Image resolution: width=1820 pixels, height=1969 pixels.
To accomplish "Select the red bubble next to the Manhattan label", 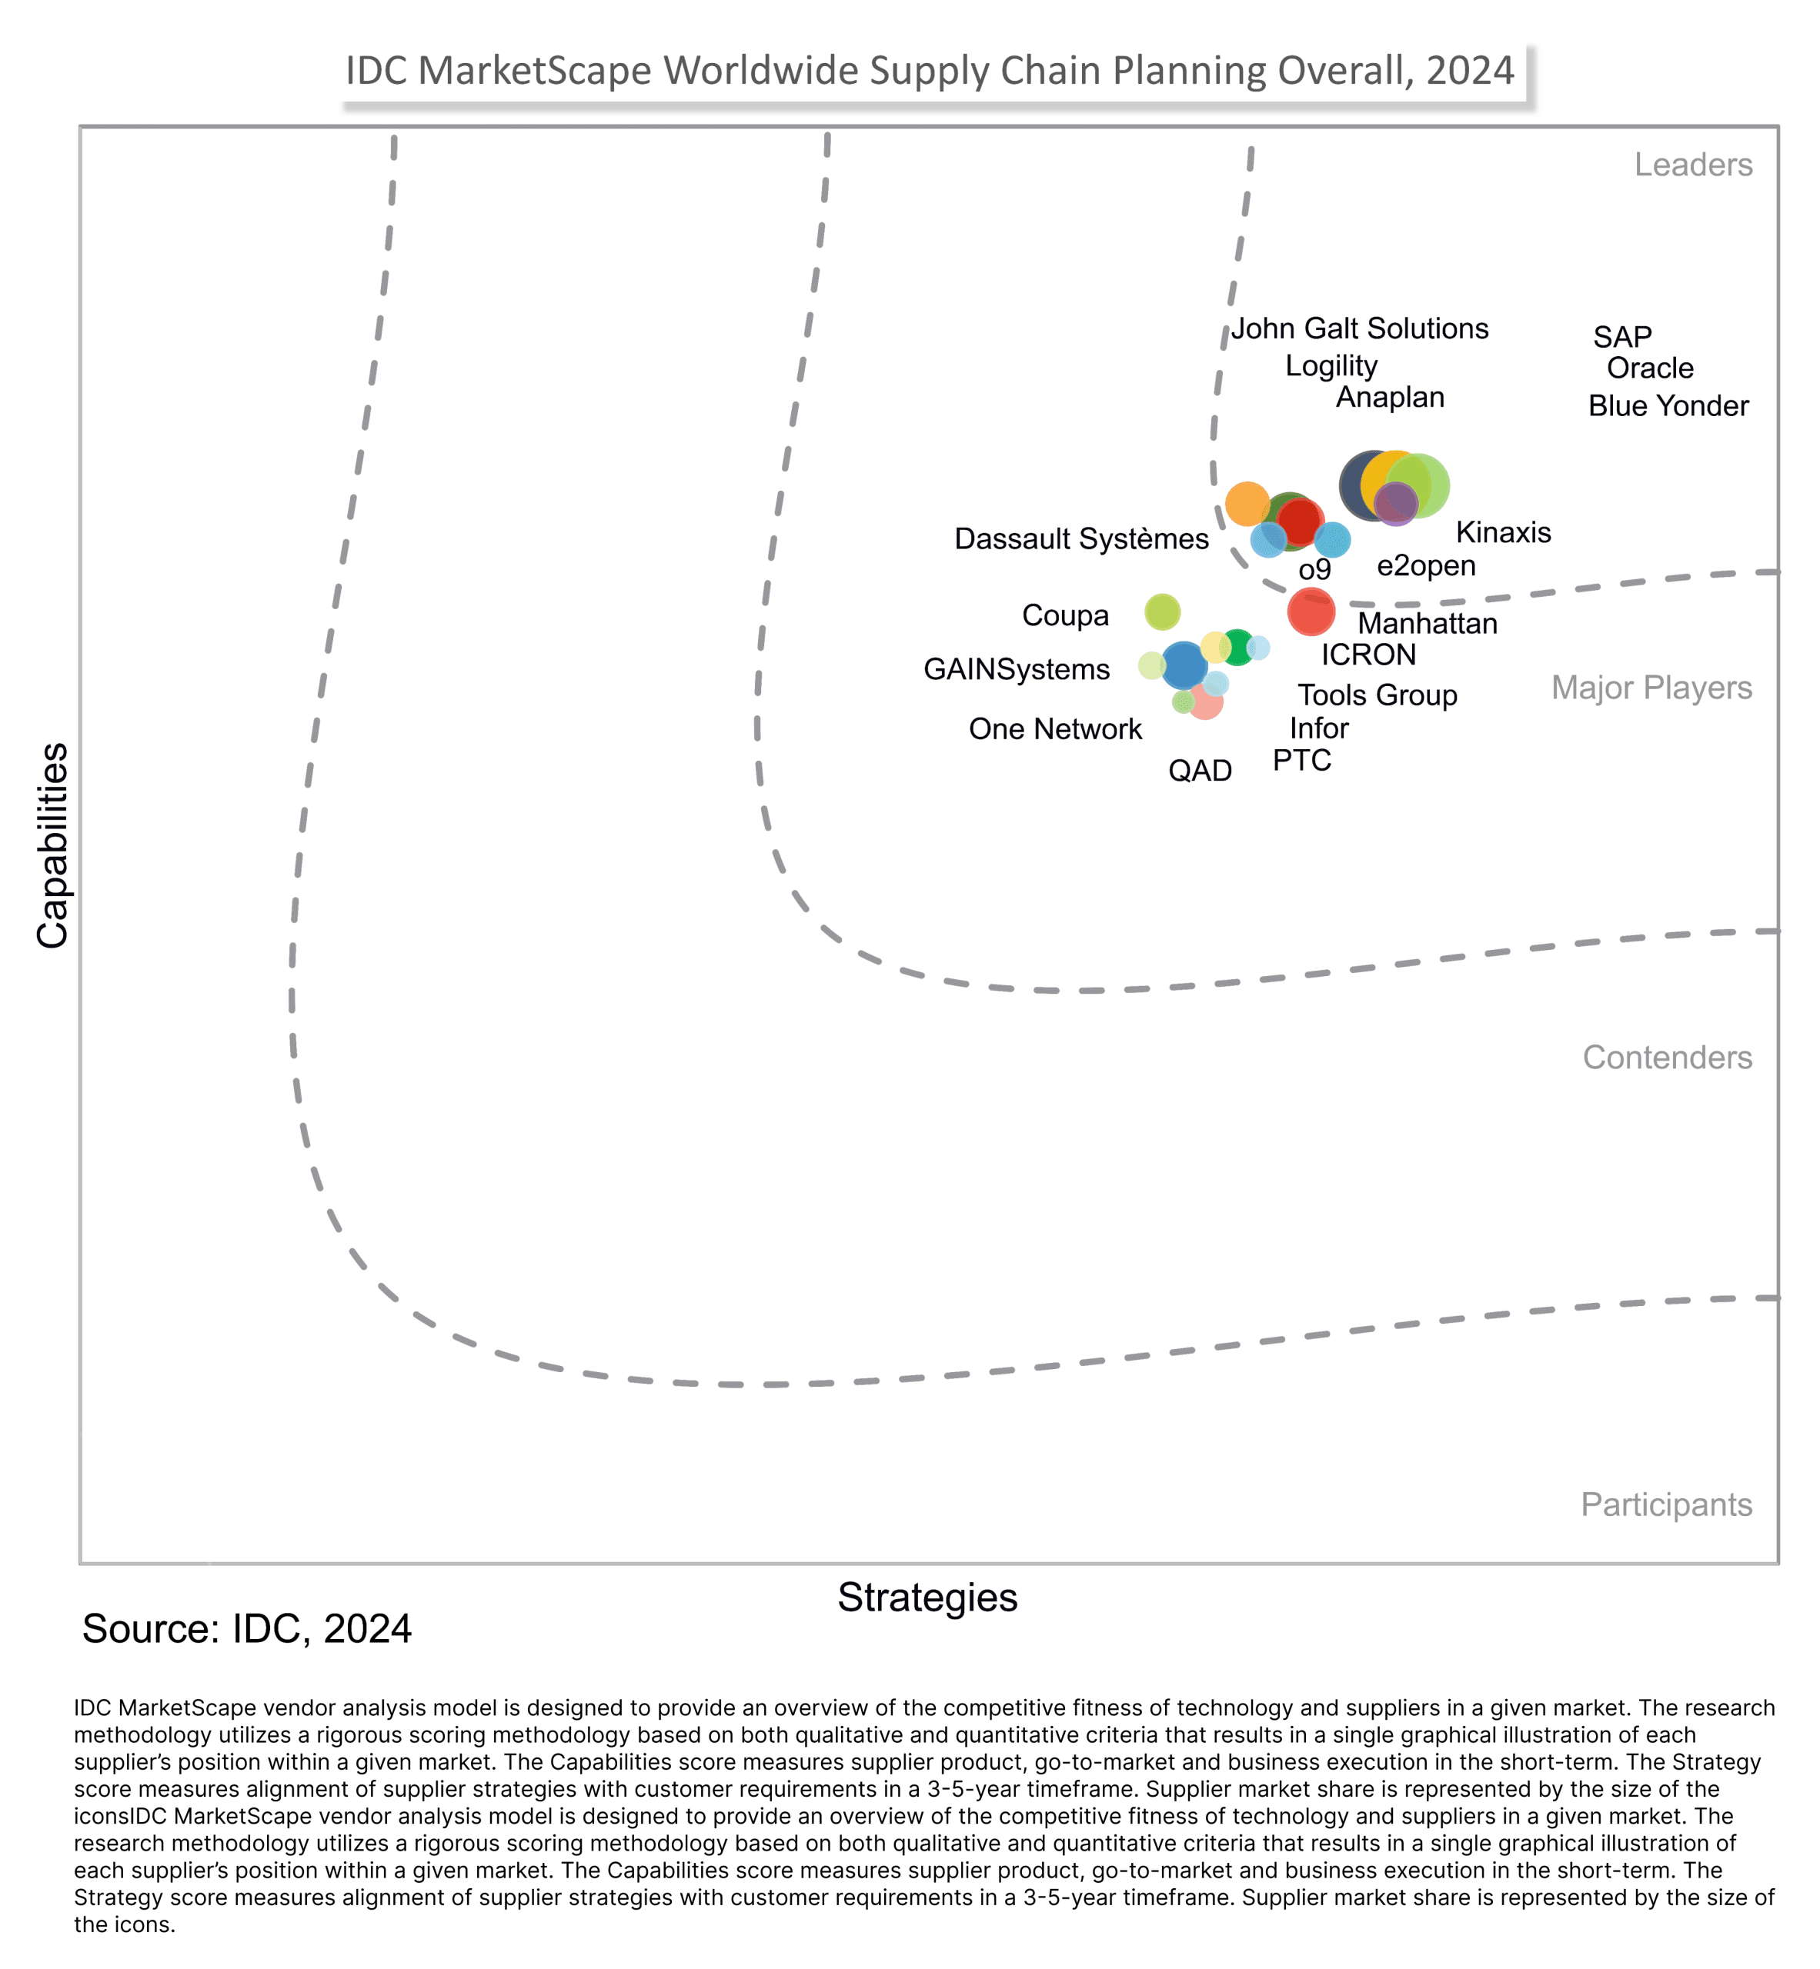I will (1311, 611).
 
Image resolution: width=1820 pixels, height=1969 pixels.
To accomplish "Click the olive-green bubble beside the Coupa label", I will (1162, 611).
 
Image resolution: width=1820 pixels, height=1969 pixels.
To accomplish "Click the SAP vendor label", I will (1622, 337).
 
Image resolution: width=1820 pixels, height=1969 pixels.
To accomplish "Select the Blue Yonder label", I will (1668, 405).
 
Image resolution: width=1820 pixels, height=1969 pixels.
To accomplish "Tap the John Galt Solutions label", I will (1359, 328).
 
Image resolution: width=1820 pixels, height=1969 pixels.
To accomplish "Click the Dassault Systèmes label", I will (1080, 538).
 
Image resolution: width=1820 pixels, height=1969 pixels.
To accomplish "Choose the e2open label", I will (1425, 565).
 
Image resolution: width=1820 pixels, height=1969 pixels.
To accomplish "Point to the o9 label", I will (1314, 569).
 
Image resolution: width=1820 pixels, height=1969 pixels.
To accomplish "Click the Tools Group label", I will (1377, 695).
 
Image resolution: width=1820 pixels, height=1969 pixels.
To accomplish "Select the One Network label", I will (1055, 728).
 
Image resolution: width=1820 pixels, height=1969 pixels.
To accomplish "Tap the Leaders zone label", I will (1692, 165).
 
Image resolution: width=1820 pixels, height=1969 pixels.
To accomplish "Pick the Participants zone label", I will (1665, 1504).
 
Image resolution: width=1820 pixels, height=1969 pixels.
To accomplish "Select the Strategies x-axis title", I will (927, 1597).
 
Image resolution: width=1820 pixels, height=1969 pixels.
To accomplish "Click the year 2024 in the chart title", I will (1469, 71).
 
